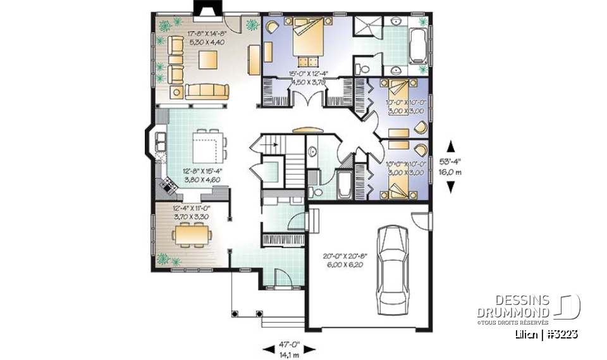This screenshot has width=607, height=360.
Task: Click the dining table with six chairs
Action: point(193,236)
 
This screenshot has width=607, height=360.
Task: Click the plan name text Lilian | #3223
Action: point(545,333)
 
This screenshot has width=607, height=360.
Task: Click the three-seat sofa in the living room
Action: point(207,91)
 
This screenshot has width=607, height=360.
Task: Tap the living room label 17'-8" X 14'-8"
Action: point(207,37)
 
